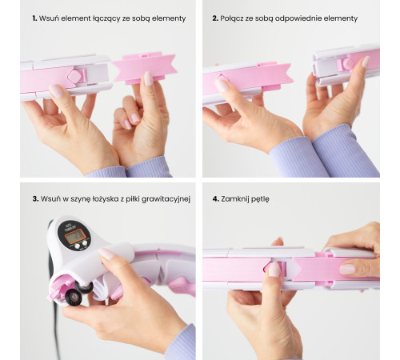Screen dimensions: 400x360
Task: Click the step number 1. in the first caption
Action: pos(34,18)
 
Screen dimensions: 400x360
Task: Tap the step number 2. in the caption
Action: pos(215,18)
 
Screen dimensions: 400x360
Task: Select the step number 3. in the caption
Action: pos(35,198)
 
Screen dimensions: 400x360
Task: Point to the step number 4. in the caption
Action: pos(216,198)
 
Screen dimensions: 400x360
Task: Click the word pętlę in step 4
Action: pos(260,199)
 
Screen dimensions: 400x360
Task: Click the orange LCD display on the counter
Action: pos(75,236)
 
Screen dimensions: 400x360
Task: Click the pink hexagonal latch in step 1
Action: pos(74,75)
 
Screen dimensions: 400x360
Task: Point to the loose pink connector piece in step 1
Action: pos(144,68)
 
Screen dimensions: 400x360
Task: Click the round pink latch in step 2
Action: pos(348,64)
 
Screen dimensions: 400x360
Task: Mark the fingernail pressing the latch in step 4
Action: pos(274,269)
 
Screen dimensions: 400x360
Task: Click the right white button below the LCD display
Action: pos(84,243)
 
